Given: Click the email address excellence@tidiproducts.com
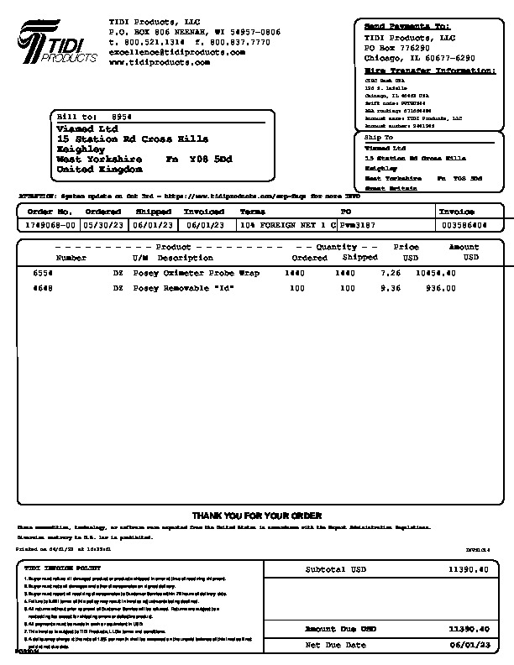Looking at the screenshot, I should tap(177, 52).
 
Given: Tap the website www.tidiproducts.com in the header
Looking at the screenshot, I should tap(159, 62).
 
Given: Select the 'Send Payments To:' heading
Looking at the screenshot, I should tap(407, 27).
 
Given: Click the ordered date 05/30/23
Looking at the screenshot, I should tap(102, 225).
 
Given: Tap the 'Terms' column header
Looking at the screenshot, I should tap(253, 212).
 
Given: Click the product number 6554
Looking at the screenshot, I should tap(43, 274).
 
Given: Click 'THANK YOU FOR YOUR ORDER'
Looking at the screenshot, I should tap(257, 516).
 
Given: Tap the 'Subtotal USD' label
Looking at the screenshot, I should tap(335, 569).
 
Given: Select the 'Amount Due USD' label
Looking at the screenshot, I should tap(340, 628).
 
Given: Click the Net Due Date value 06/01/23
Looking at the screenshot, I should tap(469, 645).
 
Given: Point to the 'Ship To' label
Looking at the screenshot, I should tap(378, 137).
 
